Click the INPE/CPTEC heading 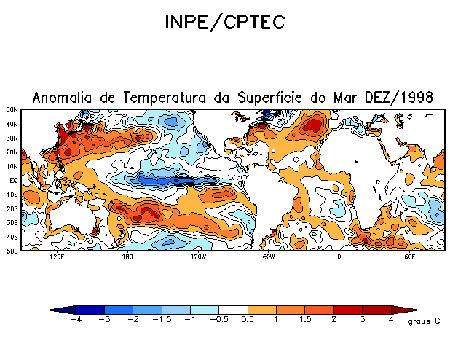(x=224, y=23)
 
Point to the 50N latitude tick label (x=13, y=110)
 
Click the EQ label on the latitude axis (x=14, y=180)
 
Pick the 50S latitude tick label (x=13, y=251)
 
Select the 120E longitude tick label (x=57, y=257)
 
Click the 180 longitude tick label (x=127, y=257)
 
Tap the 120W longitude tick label (x=197, y=257)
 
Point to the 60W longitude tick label (x=268, y=257)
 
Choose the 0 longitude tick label (x=339, y=257)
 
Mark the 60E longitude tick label (x=409, y=257)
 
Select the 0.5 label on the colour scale (x=248, y=320)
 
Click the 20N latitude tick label (x=13, y=152)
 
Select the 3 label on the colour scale (x=362, y=320)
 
